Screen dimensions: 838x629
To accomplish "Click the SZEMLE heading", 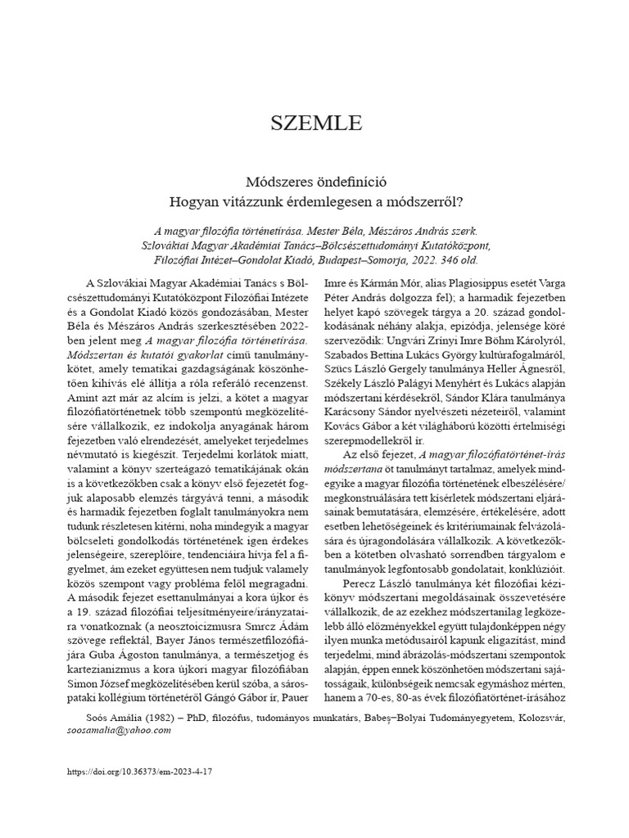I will (x=315, y=124).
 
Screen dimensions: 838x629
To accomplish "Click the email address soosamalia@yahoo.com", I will (x=120, y=731).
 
